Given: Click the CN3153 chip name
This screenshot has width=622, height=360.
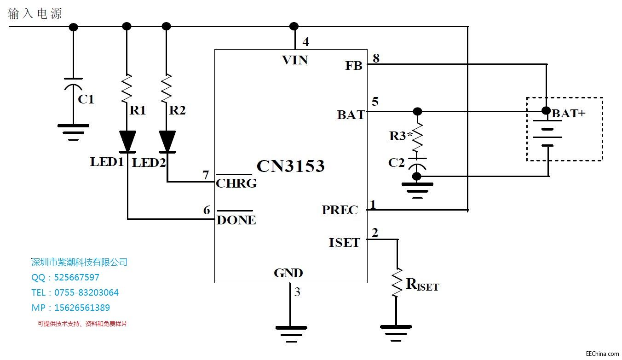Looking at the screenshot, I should coord(290,166).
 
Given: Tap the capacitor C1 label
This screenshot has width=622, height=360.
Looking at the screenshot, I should coord(86,99).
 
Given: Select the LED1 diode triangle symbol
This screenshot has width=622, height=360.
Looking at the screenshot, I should coord(127,141).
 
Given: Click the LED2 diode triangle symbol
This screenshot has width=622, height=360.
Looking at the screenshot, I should coord(167,141).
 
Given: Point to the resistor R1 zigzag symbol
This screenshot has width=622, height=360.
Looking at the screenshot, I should coord(127,88).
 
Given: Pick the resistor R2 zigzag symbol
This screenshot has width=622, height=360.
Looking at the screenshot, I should coord(167,88).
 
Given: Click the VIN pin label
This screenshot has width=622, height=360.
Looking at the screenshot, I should coord(295,60).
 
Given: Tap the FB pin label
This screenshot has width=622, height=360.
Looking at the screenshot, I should coord(354,66).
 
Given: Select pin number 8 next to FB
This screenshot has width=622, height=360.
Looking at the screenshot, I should coord(376,58).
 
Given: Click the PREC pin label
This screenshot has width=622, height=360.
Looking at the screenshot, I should coord(340,210).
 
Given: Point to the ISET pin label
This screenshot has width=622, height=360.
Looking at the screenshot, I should coord(344,242).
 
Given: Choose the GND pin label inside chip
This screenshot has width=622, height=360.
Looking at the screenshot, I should coord(288,273).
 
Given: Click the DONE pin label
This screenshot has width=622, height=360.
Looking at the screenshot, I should coord(236,220).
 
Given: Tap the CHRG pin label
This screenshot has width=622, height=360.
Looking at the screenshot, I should coord(236,183).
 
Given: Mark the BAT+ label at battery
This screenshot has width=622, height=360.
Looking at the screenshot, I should coord(569,113).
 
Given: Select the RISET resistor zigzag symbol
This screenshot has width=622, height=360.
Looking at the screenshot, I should coord(397,282).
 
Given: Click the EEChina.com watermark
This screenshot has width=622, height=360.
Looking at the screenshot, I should coord(602,354).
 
